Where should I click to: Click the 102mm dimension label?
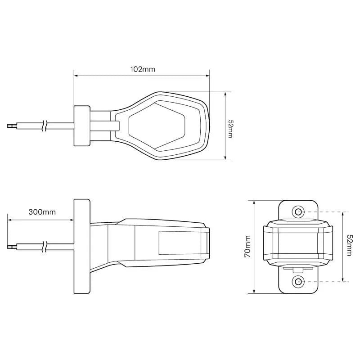(x=142, y=69)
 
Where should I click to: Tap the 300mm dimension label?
(x=42, y=212)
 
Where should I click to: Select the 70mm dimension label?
(x=247, y=246)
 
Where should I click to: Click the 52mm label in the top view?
(x=230, y=129)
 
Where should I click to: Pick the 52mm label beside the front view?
(x=349, y=246)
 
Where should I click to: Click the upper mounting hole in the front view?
(x=298, y=211)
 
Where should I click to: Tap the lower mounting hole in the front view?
(x=298, y=282)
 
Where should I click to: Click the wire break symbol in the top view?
(x=45, y=126)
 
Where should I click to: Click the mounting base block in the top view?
(x=81, y=126)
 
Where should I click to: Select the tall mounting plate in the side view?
(x=81, y=246)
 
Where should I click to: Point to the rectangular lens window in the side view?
(x=182, y=243)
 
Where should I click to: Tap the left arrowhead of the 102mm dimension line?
(x=76, y=76)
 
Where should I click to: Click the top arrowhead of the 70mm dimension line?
(x=255, y=202)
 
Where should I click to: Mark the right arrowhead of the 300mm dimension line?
(x=72, y=220)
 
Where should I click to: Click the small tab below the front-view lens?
(x=297, y=269)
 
